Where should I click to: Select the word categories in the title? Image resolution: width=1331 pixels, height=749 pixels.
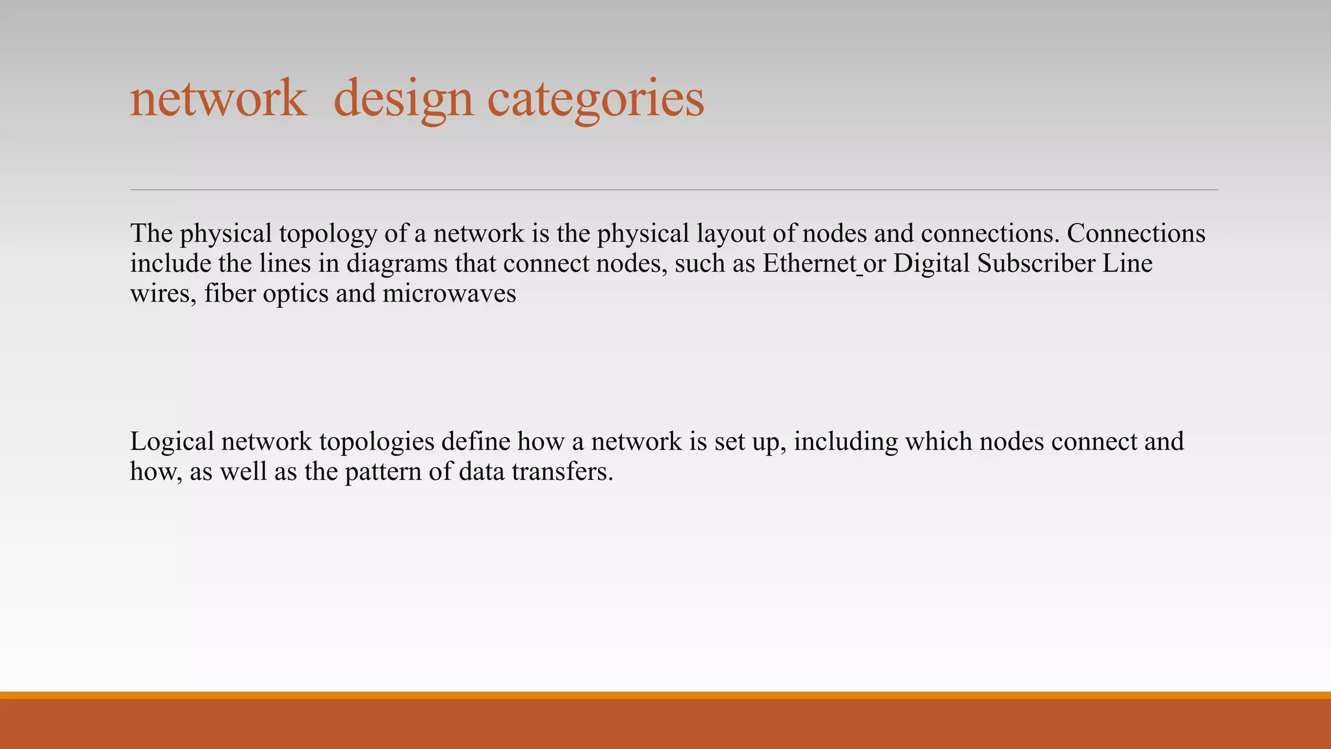tap(595, 99)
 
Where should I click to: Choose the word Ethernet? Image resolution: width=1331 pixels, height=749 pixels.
tap(809, 263)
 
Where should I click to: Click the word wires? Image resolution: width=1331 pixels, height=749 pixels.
tap(163, 293)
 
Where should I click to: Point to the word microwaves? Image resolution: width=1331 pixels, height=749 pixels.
tap(449, 293)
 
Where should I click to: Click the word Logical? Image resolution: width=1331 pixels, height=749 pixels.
tap(172, 441)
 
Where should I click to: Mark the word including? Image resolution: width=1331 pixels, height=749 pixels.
tap(846, 441)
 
